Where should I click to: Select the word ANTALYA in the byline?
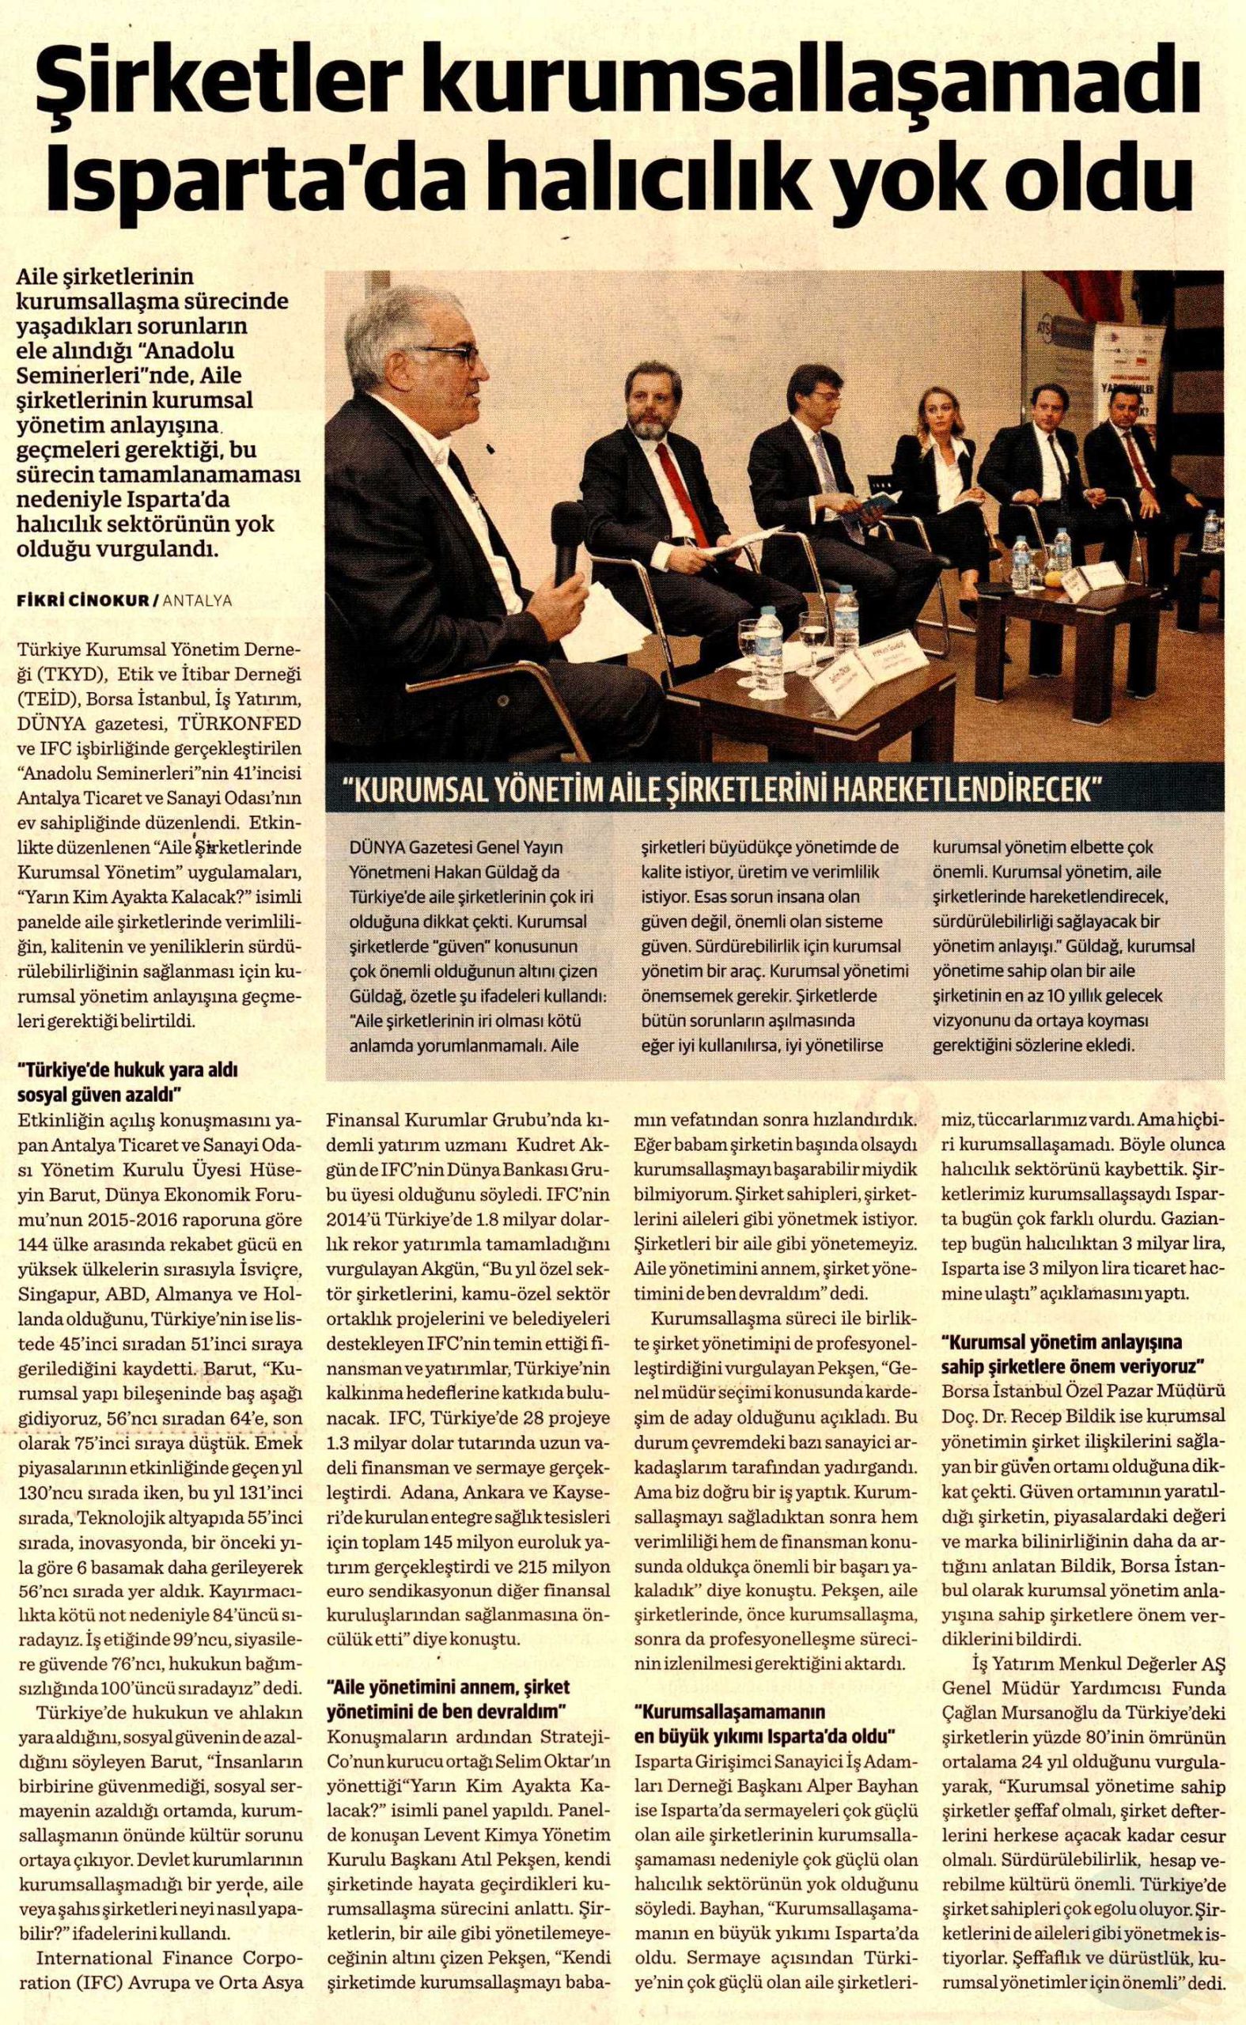tap(198, 600)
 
